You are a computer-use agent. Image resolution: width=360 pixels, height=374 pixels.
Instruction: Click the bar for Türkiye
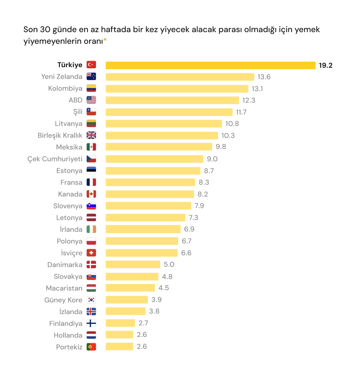pyautogui.click(x=210, y=65)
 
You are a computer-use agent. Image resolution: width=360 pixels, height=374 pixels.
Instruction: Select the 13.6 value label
pyautogui.click(x=264, y=77)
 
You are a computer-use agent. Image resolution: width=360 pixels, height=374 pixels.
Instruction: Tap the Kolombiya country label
pyautogui.click(x=65, y=88)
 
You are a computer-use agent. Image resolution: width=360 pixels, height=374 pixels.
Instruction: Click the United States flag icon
pyautogui.click(x=91, y=100)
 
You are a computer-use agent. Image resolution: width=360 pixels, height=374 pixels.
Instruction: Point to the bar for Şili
pyautogui.click(x=169, y=112)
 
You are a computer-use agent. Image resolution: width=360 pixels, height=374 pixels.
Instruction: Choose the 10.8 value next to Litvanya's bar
pyautogui.click(x=232, y=124)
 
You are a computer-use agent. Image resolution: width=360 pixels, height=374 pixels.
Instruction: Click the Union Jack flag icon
pyautogui.click(x=91, y=135)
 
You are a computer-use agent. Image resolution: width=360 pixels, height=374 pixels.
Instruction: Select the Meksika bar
pyautogui.click(x=159, y=147)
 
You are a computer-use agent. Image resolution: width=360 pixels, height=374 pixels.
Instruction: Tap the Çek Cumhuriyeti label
pyautogui.click(x=55, y=159)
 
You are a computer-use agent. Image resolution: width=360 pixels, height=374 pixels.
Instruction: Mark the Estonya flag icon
pyautogui.click(x=91, y=171)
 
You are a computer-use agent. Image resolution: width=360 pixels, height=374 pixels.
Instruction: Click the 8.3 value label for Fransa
pyautogui.click(x=204, y=182)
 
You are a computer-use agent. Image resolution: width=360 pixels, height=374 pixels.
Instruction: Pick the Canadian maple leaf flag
pyautogui.click(x=91, y=194)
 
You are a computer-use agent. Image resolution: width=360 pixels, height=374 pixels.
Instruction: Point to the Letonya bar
pyautogui.click(x=145, y=218)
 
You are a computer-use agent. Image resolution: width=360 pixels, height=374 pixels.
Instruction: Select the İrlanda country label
pyautogui.click(x=71, y=229)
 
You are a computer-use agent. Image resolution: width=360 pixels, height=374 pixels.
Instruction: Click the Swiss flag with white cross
pyautogui.click(x=91, y=253)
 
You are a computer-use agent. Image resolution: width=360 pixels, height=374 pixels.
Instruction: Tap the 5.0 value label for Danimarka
pyautogui.click(x=169, y=265)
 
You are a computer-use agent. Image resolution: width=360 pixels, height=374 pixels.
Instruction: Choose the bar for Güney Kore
pyautogui.click(x=127, y=300)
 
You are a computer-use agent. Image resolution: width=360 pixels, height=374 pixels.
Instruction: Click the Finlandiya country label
pyautogui.click(x=66, y=323)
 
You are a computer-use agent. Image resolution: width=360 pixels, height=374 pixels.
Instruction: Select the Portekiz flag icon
pyautogui.click(x=91, y=347)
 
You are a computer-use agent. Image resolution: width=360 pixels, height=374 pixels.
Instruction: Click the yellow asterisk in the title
pyautogui.click(x=105, y=39)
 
